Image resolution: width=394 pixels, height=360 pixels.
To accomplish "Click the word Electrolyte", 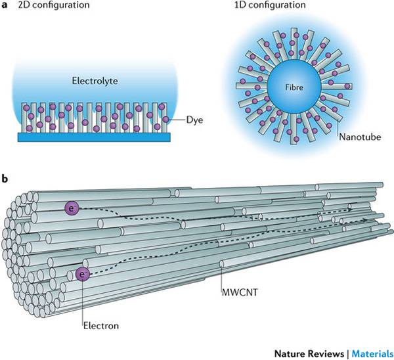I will pos(92,82).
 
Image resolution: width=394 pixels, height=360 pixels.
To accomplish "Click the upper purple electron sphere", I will pos(71,208).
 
